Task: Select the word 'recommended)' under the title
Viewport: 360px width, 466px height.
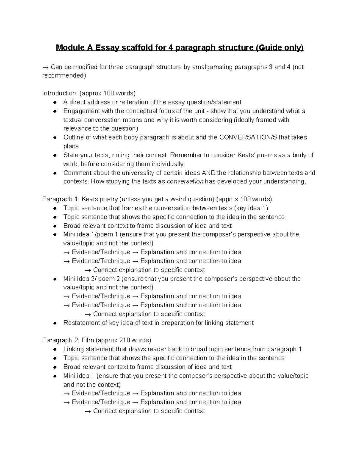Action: point(64,76)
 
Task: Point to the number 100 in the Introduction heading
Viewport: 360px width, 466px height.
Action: point(109,93)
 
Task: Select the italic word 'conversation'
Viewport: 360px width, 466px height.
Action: point(185,182)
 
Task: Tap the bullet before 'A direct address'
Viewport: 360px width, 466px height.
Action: point(55,102)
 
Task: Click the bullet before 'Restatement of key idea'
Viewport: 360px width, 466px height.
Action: point(55,323)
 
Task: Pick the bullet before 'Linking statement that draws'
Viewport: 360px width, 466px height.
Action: point(55,350)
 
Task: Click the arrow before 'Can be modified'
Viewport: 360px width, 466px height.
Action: point(46,67)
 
